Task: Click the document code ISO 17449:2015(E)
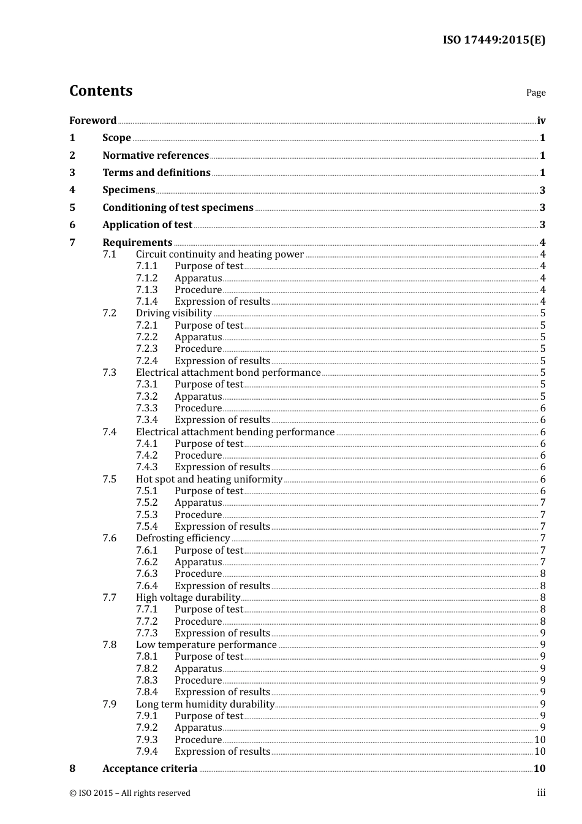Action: [494, 40]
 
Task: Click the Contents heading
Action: [100, 91]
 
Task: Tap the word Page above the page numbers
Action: [535, 93]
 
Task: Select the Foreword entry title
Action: [93, 120]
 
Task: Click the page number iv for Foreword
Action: [541, 120]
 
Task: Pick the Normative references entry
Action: [156, 155]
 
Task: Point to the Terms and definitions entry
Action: [156, 172]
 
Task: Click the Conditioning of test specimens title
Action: [178, 207]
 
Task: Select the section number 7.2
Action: [109, 313]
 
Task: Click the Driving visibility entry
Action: [173, 313]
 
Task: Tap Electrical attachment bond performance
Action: [228, 372]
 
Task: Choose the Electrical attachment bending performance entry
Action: [235, 432]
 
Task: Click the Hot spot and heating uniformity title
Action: [209, 479]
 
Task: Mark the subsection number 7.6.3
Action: [146, 574]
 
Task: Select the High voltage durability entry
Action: [187, 597]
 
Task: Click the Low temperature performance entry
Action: [206, 644]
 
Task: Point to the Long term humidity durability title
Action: [205, 704]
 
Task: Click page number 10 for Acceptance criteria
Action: [539, 768]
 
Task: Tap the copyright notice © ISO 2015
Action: [129, 793]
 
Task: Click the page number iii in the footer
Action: [541, 793]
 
